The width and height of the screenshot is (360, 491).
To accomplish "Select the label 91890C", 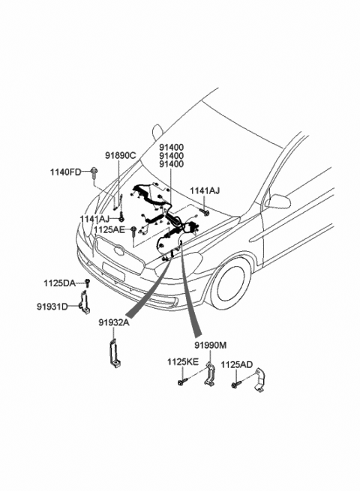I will [120, 155].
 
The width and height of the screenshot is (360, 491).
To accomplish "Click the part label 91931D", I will [53, 306].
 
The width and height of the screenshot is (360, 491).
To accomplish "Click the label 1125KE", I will [183, 362].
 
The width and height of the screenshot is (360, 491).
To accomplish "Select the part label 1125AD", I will [237, 365].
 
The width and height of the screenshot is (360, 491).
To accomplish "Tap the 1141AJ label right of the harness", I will [205, 190].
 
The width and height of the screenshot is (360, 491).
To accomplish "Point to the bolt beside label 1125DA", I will [87, 283].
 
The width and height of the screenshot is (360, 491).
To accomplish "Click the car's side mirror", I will [278, 201].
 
